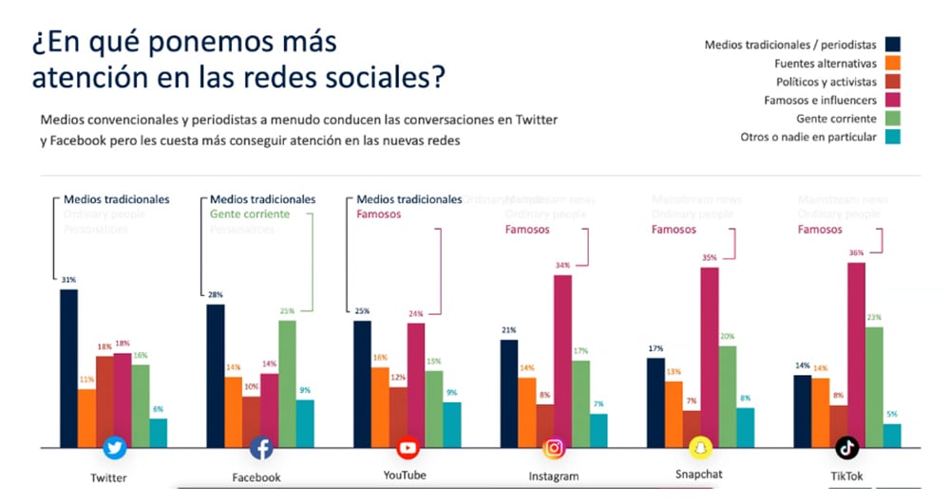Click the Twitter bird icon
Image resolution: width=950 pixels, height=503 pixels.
(115, 448)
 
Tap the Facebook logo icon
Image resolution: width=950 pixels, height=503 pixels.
(261, 448)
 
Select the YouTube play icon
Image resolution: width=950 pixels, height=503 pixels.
(408, 448)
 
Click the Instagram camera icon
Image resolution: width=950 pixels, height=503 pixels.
(555, 448)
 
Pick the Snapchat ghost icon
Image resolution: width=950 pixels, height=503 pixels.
(700, 447)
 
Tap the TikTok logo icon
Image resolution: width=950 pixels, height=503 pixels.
(846, 448)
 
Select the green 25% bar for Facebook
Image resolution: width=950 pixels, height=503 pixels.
(287, 383)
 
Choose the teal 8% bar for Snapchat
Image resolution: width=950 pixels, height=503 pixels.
(746, 427)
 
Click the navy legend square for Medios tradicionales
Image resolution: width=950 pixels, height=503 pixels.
(893, 44)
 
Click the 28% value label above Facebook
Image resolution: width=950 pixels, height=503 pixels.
(215, 295)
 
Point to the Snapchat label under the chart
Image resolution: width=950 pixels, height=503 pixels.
(699, 474)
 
